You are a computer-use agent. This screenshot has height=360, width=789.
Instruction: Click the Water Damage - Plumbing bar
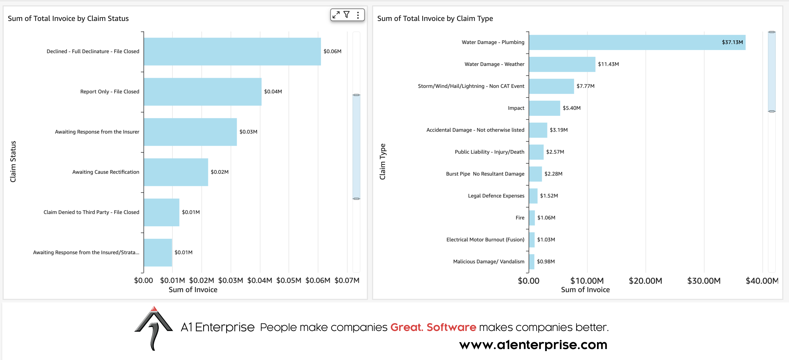[x=637, y=42]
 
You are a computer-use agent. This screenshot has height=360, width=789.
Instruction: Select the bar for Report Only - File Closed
[x=202, y=92]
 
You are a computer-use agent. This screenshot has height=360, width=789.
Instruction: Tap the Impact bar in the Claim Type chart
[x=544, y=108]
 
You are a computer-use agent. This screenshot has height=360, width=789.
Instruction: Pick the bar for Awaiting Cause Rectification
[x=176, y=172]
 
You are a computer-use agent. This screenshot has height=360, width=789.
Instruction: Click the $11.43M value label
[x=608, y=64]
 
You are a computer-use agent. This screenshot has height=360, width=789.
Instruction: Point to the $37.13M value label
[x=732, y=42]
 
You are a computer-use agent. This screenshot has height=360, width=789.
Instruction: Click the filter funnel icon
[x=346, y=15]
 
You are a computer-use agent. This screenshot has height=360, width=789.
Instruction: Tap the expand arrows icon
[x=336, y=15]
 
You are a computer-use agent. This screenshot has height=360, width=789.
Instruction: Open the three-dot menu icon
[x=358, y=15]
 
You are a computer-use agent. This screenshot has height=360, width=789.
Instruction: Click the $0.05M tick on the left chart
[x=289, y=280]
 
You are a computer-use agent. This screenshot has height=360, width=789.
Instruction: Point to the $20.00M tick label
[x=645, y=281]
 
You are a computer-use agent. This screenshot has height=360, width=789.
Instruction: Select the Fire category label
[x=520, y=218]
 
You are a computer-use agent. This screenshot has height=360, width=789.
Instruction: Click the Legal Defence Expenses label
[x=496, y=196]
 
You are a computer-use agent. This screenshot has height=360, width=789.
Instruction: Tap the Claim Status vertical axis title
[x=13, y=161]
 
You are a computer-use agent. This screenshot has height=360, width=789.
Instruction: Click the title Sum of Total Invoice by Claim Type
[x=435, y=18]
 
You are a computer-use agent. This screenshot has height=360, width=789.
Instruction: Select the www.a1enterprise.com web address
[x=533, y=345]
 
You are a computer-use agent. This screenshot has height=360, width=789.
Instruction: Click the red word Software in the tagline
[x=451, y=327]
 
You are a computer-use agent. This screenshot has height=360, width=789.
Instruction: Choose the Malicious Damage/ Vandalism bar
[x=531, y=262]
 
